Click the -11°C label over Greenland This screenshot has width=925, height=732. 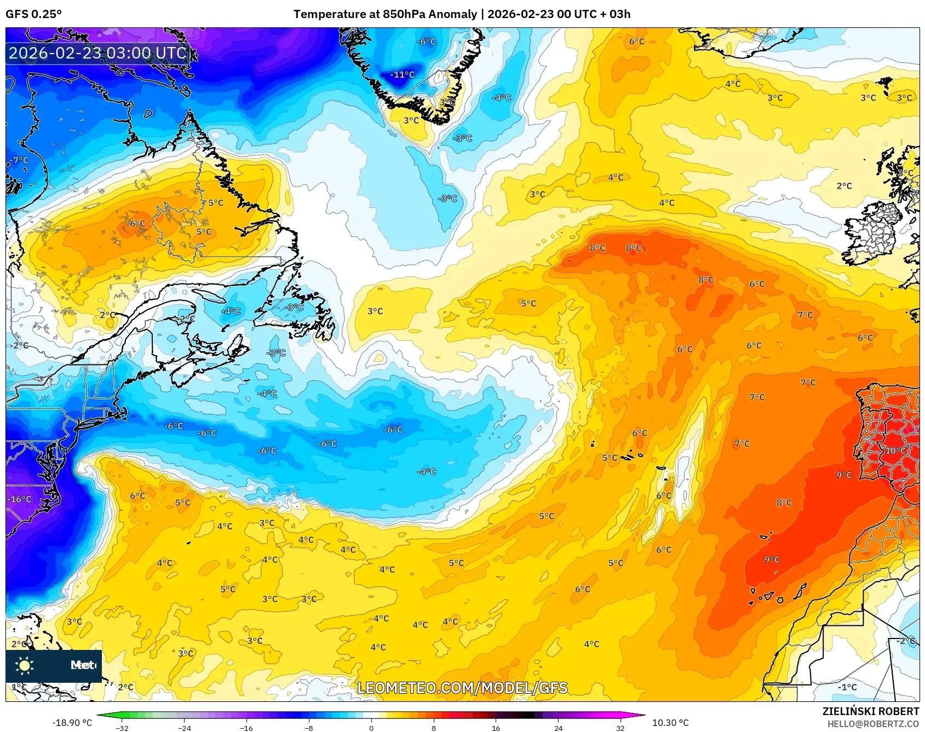pyautogui.click(x=402, y=74)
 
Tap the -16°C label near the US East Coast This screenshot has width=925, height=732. pyautogui.click(x=19, y=499)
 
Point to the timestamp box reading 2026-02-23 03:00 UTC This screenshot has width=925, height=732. pyautogui.click(x=97, y=53)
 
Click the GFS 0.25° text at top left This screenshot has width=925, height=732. pyautogui.click(x=34, y=14)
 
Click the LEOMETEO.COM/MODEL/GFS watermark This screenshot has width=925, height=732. pyautogui.click(x=462, y=688)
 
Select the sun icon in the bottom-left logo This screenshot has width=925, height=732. pyautogui.click(x=25, y=665)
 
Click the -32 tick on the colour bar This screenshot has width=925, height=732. pyautogui.click(x=122, y=728)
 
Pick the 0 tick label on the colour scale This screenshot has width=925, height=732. pyautogui.click(x=371, y=728)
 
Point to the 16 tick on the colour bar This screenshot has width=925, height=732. pyautogui.click(x=496, y=728)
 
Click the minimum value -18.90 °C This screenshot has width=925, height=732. pyautogui.click(x=72, y=723)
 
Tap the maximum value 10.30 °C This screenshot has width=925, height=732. pyautogui.click(x=670, y=723)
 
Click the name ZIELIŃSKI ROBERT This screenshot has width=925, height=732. pyautogui.click(x=870, y=711)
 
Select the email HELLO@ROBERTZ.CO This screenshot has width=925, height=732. pyautogui.click(x=873, y=724)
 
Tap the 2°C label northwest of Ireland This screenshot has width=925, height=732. pyautogui.click(x=844, y=186)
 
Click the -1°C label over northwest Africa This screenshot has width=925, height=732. pyautogui.click(x=847, y=687)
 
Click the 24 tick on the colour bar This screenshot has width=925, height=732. pyautogui.click(x=558, y=728)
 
